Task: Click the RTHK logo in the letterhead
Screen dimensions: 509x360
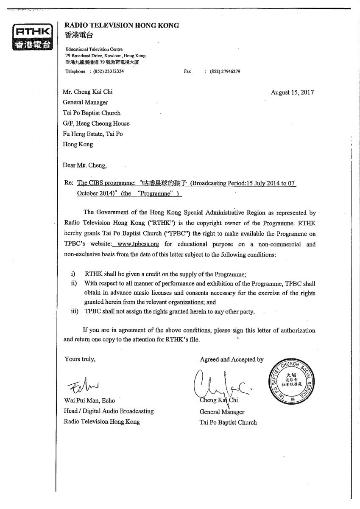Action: pyautogui.click(x=33, y=38)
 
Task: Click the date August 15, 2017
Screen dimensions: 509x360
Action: pyautogui.click(x=292, y=92)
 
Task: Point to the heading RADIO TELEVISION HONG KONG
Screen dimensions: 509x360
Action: pyautogui.click(x=122, y=25)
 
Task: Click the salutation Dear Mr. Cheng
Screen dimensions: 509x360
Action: pyautogui.click(x=85, y=165)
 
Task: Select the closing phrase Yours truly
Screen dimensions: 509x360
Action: pyautogui.click(x=80, y=359)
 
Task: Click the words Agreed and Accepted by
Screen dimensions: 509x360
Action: pyautogui.click(x=232, y=360)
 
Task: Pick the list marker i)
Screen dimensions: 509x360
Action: pyautogui.click(x=73, y=274)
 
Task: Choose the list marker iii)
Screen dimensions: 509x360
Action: pyautogui.click(x=74, y=311)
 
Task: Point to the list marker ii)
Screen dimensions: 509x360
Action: pyautogui.click(x=74, y=283)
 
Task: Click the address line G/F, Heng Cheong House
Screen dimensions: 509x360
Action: pyautogui.click(x=96, y=123)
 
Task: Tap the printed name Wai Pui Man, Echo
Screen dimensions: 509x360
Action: pyautogui.click(x=89, y=400)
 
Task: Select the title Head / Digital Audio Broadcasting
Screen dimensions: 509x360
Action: pyautogui.click(x=109, y=411)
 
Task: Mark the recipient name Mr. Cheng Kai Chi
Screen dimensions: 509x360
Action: pyautogui.click(x=88, y=92)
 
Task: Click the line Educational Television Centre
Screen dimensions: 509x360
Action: pyautogui.click(x=94, y=49)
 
